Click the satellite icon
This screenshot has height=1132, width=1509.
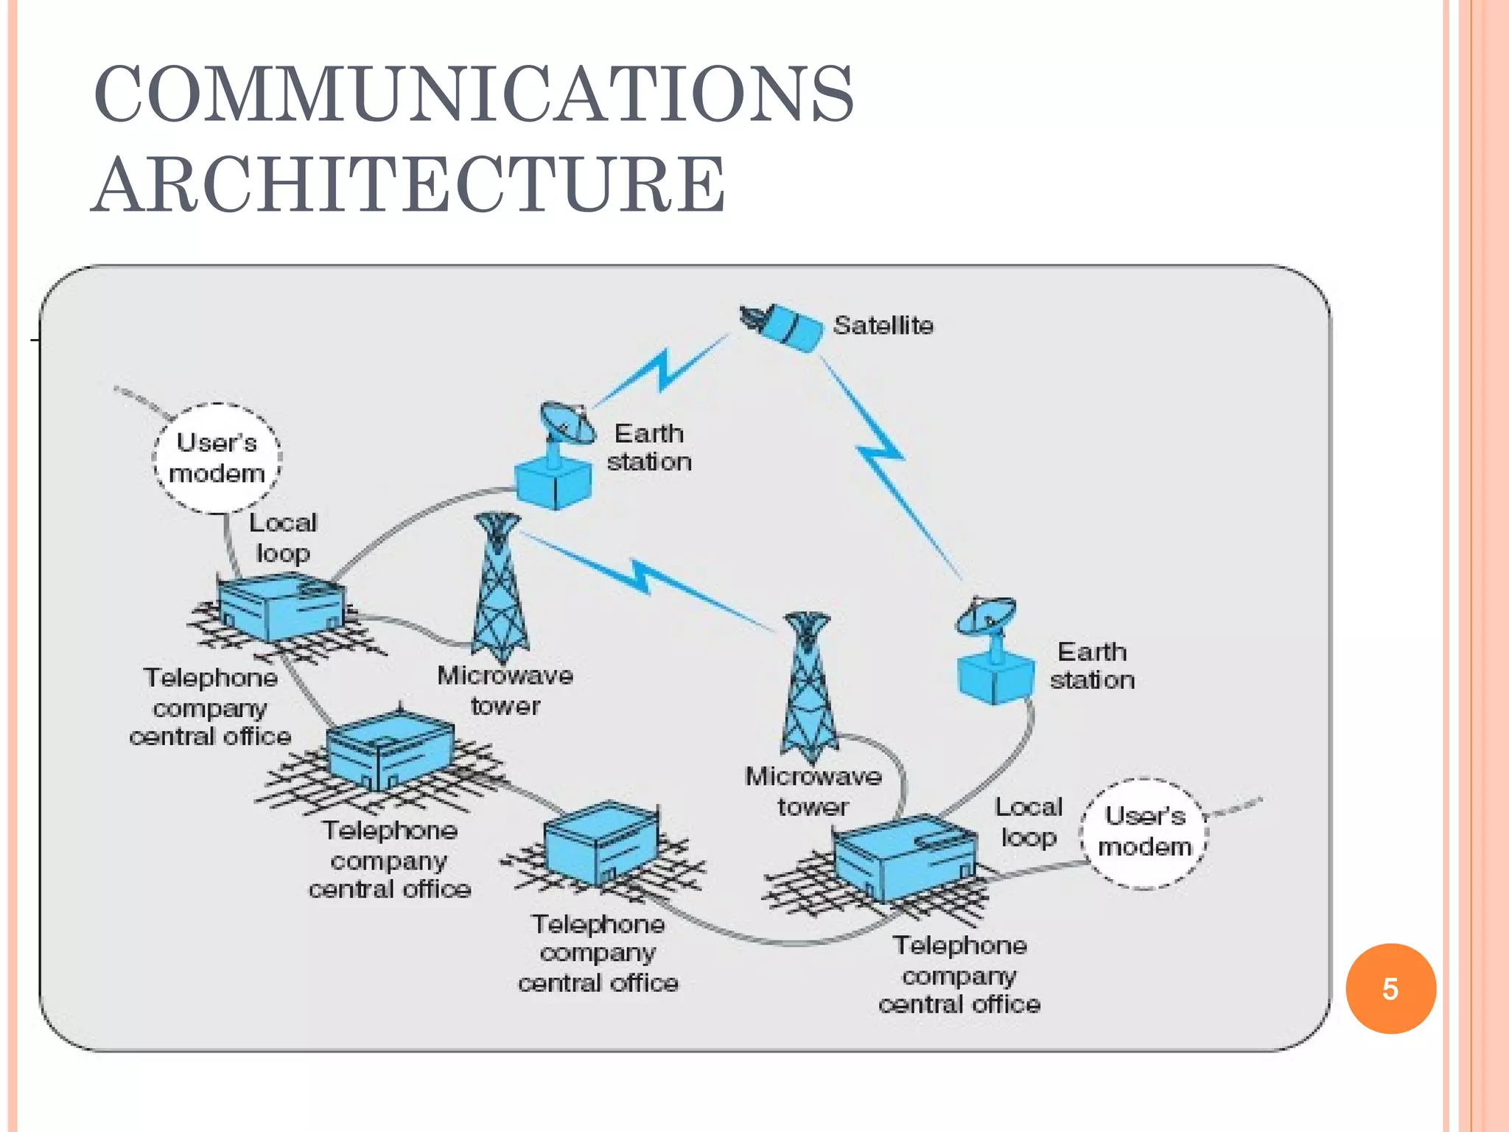(783, 326)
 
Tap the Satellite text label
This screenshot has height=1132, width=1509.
(883, 325)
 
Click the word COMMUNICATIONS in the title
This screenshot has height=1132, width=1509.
(474, 94)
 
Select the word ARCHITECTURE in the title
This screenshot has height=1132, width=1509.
(409, 185)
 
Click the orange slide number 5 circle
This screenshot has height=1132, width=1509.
(1390, 988)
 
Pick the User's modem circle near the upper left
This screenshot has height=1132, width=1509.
(217, 458)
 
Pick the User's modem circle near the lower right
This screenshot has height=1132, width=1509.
(1144, 832)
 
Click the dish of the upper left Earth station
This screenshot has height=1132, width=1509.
(566, 423)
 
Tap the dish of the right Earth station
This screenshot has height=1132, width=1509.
(986, 616)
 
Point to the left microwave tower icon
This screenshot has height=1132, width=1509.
(500, 590)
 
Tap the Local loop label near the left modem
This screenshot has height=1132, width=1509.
(282, 537)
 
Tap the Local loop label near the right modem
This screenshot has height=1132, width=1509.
(1029, 822)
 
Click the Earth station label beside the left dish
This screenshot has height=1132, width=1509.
(648, 447)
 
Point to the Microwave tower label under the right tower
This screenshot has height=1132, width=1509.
(813, 792)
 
